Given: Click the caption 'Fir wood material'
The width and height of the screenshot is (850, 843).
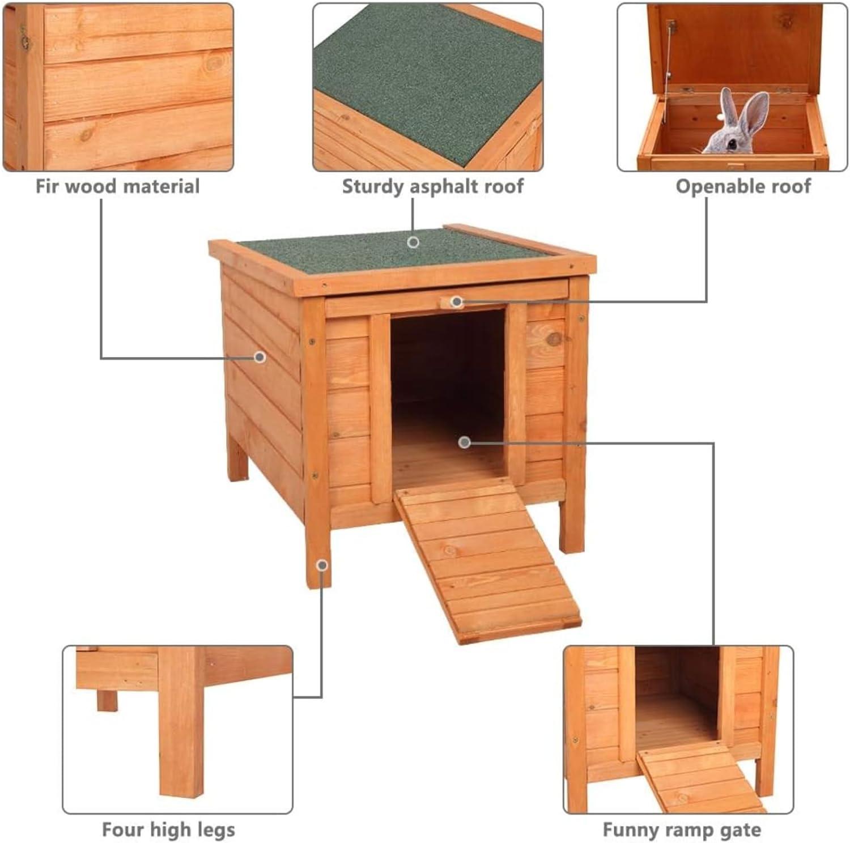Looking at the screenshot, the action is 118,186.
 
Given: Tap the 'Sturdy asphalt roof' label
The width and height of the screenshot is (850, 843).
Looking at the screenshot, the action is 433,186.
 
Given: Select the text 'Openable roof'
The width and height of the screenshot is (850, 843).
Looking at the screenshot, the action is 743,186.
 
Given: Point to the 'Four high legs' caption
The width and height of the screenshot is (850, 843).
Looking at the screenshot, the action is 168,830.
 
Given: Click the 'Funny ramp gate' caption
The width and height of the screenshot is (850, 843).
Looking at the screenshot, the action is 682,831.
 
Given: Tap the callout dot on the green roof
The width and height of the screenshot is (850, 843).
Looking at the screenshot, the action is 413,242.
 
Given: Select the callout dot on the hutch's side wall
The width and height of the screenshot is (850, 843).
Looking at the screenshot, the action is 260,357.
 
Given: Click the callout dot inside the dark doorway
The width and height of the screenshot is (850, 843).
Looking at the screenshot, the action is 465,442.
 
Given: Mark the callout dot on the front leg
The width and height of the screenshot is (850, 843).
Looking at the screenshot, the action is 322,565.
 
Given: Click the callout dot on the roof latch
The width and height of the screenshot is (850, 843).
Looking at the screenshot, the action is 457,302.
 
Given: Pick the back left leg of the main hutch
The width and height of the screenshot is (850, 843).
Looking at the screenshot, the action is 237,459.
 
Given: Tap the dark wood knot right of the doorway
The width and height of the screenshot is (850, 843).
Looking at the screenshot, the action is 554,339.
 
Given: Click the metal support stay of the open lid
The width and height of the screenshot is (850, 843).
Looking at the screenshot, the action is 670,57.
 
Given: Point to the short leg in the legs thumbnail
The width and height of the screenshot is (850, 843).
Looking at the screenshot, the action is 107,700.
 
